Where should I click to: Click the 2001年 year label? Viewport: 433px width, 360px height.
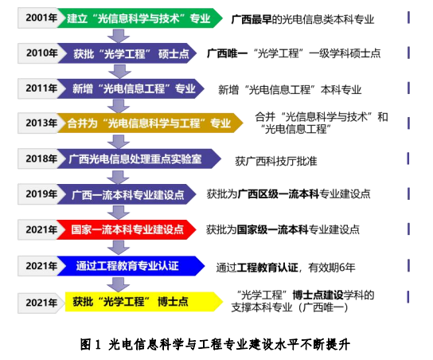tap(41, 18)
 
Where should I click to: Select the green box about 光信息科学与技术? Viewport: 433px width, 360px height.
tap(140, 18)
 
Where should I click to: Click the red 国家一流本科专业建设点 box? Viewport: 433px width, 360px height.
tap(127, 229)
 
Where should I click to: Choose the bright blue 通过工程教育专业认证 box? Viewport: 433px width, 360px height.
tap(131, 266)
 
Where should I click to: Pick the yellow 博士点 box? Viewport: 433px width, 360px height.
tap(144, 302)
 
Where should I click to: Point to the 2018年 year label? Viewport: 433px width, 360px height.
tap(41, 158)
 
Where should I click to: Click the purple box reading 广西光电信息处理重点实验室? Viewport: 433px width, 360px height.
tap(139, 158)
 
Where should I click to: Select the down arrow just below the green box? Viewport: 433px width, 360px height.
tap(119, 36)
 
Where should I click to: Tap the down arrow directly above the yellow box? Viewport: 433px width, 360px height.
tap(119, 284)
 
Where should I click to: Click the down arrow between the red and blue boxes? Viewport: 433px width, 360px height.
tap(119, 248)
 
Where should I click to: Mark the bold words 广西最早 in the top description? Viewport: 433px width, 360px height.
tap(252, 19)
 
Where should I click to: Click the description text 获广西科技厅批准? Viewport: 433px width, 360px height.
tap(276, 161)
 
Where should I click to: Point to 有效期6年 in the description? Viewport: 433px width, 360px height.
tap(332, 267)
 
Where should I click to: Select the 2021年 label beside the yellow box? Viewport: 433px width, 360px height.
tap(41, 303)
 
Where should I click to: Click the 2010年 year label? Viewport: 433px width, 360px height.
tap(42, 53)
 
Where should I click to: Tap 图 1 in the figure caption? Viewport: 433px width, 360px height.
tap(90, 344)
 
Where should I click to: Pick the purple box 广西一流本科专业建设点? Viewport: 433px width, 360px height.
tap(127, 194)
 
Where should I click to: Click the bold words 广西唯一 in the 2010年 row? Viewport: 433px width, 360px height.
tap(228, 53)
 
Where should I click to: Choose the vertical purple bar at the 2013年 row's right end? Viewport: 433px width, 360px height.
tap(408, 123)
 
